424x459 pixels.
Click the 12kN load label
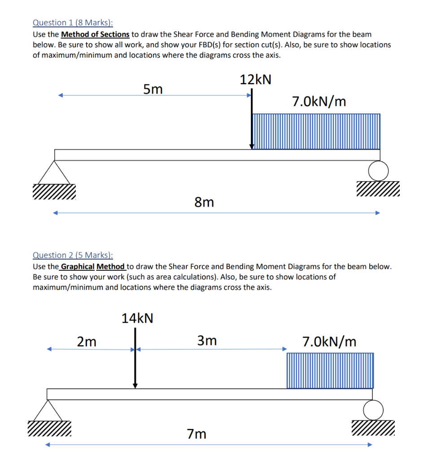256,80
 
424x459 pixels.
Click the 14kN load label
137,319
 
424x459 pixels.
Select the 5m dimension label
153,90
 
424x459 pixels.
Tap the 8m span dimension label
204,203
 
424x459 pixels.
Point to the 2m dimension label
87,342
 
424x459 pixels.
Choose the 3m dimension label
207,341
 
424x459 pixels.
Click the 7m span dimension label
197,434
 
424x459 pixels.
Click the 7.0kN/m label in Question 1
319,102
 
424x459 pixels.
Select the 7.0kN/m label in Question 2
329,342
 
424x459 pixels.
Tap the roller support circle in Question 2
373,409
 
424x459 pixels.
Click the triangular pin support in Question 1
54,172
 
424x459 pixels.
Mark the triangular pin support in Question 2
47,410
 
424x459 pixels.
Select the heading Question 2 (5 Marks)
73,255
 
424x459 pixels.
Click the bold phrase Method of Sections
95,34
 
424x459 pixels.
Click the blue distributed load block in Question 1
316,131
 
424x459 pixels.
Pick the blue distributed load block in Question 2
330,370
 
